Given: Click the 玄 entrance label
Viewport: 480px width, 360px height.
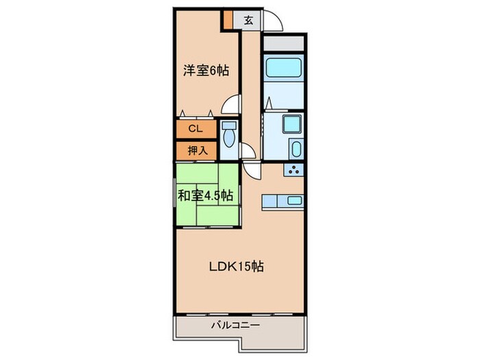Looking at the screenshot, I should (248, 20).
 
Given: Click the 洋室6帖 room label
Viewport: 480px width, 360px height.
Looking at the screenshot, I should (205, 70).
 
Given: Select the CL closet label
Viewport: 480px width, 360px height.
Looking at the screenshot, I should (195, 128).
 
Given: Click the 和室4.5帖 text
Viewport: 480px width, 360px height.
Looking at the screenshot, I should (205, 196).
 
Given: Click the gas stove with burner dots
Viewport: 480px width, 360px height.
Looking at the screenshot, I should (295, 171).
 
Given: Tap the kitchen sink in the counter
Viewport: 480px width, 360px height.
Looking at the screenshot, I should (293, 200).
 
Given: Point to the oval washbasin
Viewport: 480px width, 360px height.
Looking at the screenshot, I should (296, 149).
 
